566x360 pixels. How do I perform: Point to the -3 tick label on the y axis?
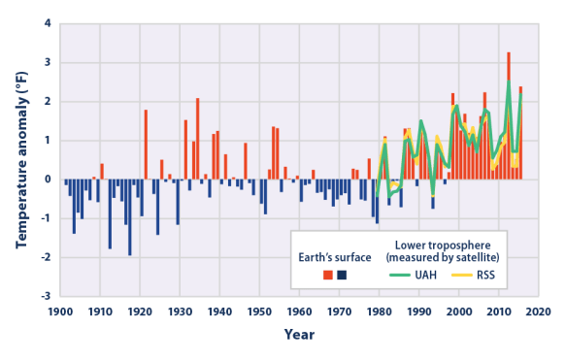click(x=45, y=296)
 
